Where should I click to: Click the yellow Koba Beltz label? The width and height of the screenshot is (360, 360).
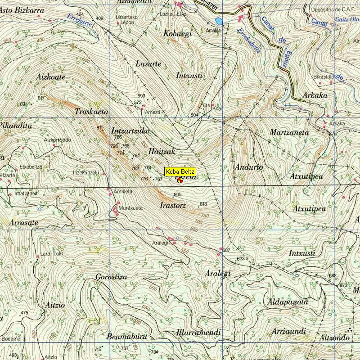[x=180, y=171]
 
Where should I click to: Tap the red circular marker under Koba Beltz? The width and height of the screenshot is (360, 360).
[x=180, y=180]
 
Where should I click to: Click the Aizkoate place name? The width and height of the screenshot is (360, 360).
[x=50, y=77]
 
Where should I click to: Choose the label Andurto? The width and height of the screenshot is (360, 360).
[x=249, y=167]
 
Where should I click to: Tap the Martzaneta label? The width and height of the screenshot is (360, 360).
[x=289, y=133]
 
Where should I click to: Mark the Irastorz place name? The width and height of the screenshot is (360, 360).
[x=173, y=205]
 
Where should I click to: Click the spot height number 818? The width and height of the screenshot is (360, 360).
[x=203, y=204]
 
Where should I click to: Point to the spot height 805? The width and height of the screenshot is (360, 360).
[x=177, y=194]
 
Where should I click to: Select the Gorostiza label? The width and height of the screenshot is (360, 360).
[x=111, y=277]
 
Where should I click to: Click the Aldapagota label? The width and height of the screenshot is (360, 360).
[x=288, y=301]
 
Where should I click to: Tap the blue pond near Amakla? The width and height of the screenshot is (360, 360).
[x=219, y=21]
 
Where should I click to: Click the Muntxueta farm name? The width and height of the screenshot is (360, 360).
[x=130, y=208]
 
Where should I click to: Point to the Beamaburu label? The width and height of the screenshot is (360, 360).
[x=127, y=336]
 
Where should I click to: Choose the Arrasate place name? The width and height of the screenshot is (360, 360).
[x=23, y=223]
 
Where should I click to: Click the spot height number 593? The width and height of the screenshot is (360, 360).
[x=141, y=96]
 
